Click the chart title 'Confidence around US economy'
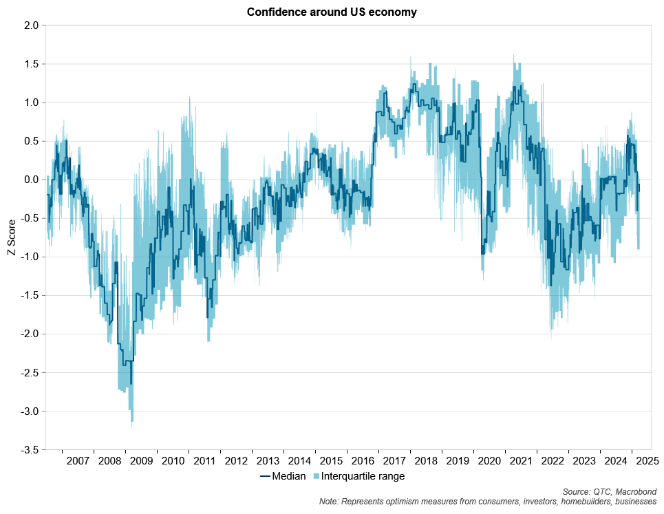click(x=332, y=12)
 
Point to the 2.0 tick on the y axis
click(x=31, y=25)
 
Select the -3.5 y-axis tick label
click(x=29, y=449)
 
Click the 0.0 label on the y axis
click(x=31, y=180)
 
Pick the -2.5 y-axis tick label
click(x=29, y=372)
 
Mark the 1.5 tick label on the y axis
click(x=31, y=64)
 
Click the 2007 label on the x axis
click(x=78, y=460)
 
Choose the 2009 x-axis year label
click(x=142, y=460)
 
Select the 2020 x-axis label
click(x=489, y=460)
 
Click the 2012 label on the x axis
click(x=237, y=460)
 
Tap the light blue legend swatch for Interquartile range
click(x=317, y=475)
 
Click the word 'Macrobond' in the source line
click(x=637, y=491)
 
